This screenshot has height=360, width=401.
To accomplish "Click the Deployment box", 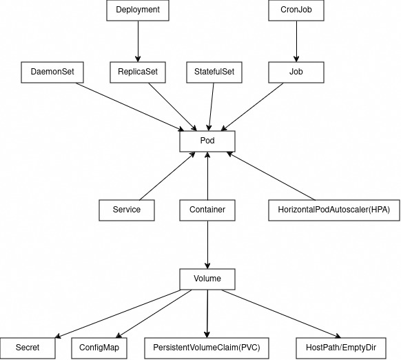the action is pyautogui.click(x=138, y=10).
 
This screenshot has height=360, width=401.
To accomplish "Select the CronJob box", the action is pyautogui.click(x=296, y=10).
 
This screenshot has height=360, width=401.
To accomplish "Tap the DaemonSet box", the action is pyautogui.click(x=52, y=72).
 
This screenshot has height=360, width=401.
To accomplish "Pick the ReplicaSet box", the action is pyautogui.click(x=138, y=72).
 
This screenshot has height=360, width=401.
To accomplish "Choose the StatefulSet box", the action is pyautogui.click(x=214, y=72).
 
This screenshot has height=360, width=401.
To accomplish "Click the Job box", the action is pyautogui.click(x=296, y=72).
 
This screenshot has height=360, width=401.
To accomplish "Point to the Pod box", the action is pyautogui.click(x=207, y=141).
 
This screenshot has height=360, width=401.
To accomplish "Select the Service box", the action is pyautogui.click(x=127, y=210).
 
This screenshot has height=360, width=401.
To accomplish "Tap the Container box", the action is pyautogui.click(x=207, y=210).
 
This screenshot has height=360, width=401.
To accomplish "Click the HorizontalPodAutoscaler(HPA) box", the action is pyautogui.click(x=334, y=210).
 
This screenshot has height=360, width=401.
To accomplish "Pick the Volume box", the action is pyautogui.click(x=207, y=279).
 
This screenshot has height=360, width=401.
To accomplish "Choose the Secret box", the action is pyautogui.click(x=28, y=348).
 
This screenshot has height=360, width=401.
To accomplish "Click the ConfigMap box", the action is pyautogui.click(x=99, y=348).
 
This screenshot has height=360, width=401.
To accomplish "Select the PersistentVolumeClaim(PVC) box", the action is pyautogui.click(x=207, y=348).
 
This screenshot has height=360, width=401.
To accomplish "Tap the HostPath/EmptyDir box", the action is pyautogui.click(x=341, y=348).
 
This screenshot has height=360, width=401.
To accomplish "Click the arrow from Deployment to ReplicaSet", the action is pyautogui.click(x=138, y=41).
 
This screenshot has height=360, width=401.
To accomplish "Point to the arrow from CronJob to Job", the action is pyautogui.click(x=296, y=41).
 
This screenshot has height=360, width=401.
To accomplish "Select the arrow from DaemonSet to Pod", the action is pyautogui.click(x=130, y=107).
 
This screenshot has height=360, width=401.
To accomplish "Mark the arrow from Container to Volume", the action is pyautogui.click(x=207, y=245).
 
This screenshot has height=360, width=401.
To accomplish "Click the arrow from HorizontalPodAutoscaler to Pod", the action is pyautogui.click(x=271, y=176).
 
